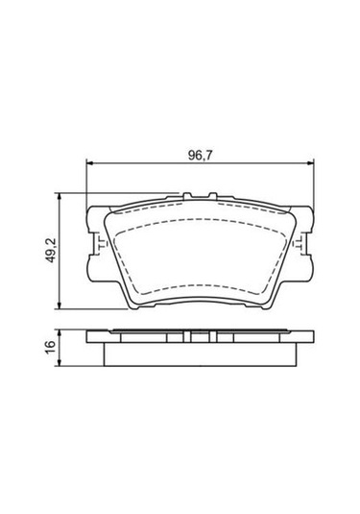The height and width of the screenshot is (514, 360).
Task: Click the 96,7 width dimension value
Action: point(200,155)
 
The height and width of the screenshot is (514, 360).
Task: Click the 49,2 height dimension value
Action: point(53,251)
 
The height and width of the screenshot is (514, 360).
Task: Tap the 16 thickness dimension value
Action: point(52,347)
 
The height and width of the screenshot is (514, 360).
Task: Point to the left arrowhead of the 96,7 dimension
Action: point(89,163)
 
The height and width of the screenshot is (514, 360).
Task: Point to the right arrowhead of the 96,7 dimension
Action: point(309,163)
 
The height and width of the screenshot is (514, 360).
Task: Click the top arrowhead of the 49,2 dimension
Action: point(59,197)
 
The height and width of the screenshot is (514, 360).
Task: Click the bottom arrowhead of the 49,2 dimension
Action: point(59,305)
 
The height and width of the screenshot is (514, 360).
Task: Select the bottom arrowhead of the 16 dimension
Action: point(59,362)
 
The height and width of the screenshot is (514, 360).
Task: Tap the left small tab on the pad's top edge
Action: point(187,196)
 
